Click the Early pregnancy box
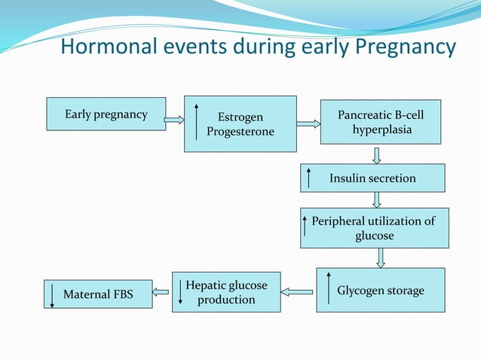106,114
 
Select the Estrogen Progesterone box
240,124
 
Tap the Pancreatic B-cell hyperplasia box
381,122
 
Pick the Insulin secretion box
372,178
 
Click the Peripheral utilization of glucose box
374,227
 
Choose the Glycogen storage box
380,290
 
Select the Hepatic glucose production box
226,292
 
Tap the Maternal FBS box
97,294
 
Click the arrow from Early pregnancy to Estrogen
175,119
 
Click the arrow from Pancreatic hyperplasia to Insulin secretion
377,154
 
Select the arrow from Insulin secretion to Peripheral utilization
377,200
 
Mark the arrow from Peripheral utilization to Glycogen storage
381,258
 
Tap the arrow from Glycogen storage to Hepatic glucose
301,291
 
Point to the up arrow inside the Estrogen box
197,123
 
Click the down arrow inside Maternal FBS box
52,294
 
